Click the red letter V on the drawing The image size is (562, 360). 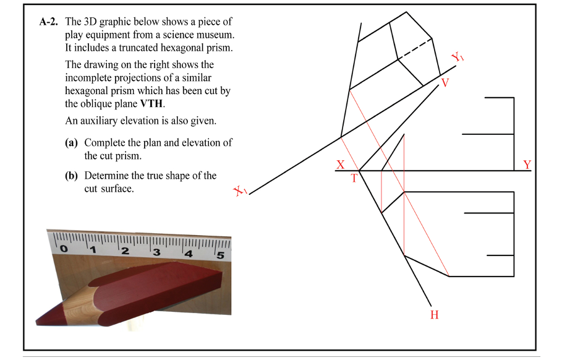pyautogui.click(x=445, y=84)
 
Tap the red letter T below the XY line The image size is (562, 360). pyautogui.click(x=354, y=178)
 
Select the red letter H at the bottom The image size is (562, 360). pyautogui.click(x=434, y=315)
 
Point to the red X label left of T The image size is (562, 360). pyautogui.click(x=340, y=165)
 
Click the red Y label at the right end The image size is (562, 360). pyautogui.click(x=527, y=165)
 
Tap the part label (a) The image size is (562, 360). pyautogui.click(x=72, y=142)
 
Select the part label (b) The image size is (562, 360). pyautogui.click(x=72, y=176)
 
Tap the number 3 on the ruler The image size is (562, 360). pyautogui.click(x=156, y=252)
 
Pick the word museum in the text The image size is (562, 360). pyautogui.click(x=217, y=35)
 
